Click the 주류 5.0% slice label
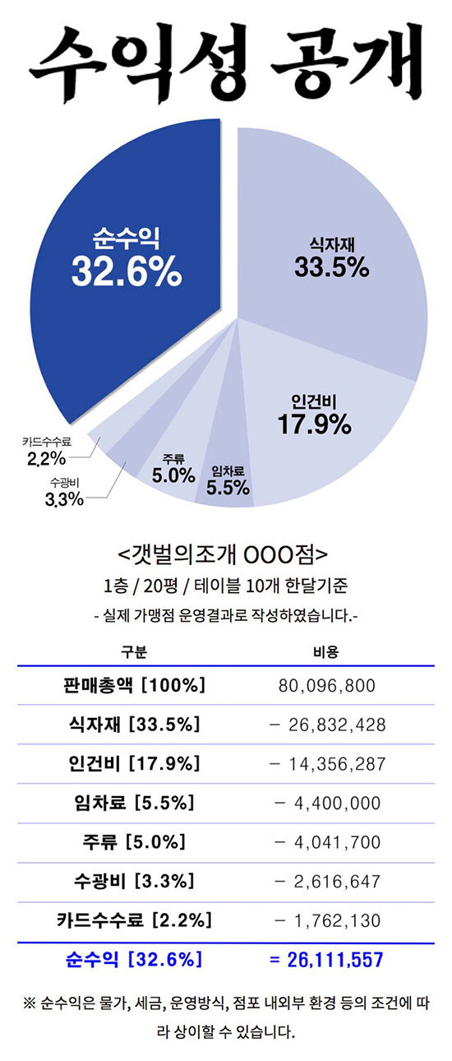[x=173, y=469]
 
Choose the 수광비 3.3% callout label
[x=64, y=491]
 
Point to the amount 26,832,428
[x=326, y=725]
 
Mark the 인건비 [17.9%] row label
[x=134, y=763]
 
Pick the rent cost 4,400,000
[x=326, y=803]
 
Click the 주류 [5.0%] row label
[x=134, y=842]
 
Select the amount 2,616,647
[x=326, y=881]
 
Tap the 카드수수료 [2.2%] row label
[x=134, y=920]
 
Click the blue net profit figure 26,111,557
[x=326, y=959]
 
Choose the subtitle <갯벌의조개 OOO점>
[x=224, y=551]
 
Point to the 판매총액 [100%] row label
[x=134, y=685]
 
